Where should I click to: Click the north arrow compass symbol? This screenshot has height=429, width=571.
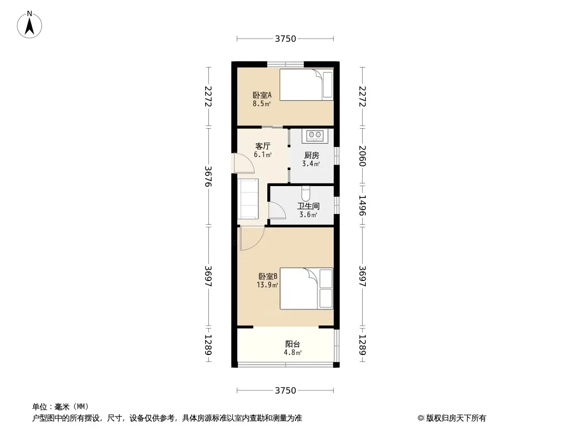click(29, 25)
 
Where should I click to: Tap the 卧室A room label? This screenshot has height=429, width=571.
click(262, 95)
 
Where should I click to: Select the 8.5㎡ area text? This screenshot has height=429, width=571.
click(262, 103)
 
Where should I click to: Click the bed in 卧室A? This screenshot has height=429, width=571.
click(306, 85)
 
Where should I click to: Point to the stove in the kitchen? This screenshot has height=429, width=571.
click(314, 136)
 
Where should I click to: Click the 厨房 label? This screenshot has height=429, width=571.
click(311, 156)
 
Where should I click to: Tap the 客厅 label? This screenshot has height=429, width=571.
click(262, 146)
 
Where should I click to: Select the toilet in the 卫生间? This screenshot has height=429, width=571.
click(306, 193)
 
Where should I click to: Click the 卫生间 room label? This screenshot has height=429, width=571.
click(308, 206)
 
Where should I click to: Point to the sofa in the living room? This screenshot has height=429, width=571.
click(248, 198)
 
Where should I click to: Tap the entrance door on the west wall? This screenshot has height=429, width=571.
click(243, 163)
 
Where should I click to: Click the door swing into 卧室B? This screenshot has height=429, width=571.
click(252, 239)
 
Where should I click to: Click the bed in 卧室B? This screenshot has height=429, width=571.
click(306, 289)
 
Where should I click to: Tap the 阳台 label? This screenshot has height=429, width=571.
click(293, 344)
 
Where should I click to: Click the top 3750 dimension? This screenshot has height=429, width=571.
click(285, 39)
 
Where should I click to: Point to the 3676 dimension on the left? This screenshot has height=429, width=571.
click(208, 176)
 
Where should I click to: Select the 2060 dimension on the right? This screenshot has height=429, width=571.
click(362, 156)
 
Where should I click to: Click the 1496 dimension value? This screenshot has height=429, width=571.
click(362, 205)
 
